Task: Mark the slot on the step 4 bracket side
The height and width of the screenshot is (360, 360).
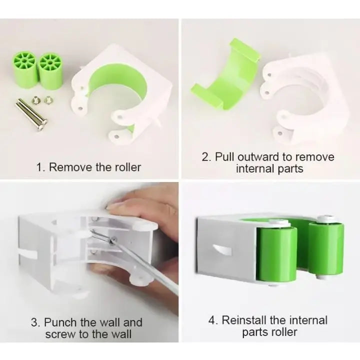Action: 220,248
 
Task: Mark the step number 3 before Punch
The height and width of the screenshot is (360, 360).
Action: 35,322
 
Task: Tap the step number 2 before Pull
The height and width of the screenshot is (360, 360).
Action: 206,156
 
